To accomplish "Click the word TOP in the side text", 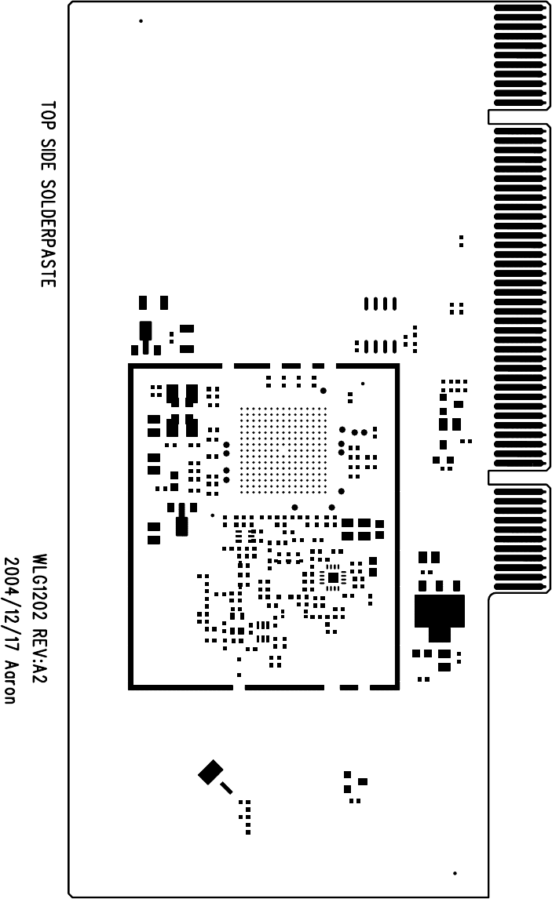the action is (48, 115).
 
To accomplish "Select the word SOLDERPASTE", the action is (48, 233).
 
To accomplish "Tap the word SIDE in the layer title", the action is (48, 155).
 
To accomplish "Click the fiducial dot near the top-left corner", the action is (141, 21).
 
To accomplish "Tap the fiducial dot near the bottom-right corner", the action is (455, 873).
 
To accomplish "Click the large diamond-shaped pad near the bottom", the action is (210, 772).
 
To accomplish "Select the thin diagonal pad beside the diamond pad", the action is (226, 788).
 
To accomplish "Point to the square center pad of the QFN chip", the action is (333, 577).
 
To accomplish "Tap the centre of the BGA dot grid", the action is (283, 450).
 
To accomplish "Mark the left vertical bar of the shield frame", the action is (131, 526).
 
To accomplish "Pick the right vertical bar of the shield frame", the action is (397, 526).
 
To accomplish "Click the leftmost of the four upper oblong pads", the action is (366, 304).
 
